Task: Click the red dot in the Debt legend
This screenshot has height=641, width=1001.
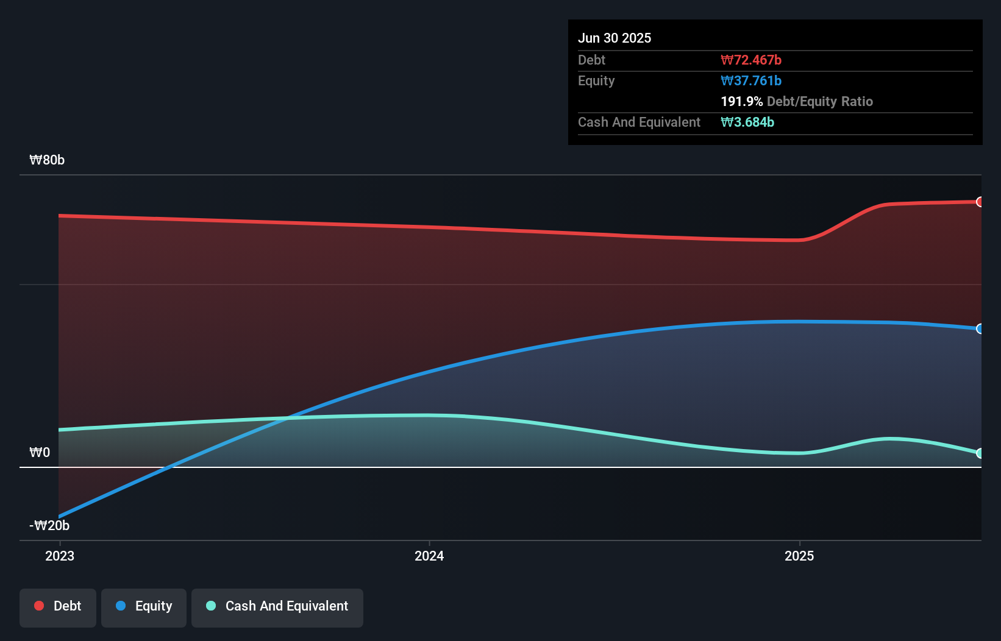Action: (39, 606)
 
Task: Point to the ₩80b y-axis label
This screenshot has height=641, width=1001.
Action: (47, 160)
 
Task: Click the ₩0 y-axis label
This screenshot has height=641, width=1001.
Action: (40, 453)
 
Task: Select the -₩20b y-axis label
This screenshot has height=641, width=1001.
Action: (49, 526)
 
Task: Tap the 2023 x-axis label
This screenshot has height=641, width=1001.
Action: (60, 556)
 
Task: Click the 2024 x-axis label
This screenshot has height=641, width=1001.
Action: (429, 556)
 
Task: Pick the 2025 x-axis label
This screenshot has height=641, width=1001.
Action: (799, 556)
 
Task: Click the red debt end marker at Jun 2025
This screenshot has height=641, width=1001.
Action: (980, 202)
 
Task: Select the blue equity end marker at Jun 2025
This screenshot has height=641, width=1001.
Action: (980, 329)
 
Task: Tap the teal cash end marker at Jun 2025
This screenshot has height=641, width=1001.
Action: (980, 453)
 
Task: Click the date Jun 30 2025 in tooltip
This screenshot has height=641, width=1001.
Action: (614, 38)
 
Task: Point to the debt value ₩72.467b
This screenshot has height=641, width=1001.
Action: (751, 60)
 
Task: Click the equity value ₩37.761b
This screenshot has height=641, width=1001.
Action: (751, 80)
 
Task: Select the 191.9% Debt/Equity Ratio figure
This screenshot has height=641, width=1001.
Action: (797, 101)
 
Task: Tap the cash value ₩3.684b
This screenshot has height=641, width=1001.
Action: (747, 122)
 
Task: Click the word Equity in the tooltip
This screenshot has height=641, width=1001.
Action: (596, 80)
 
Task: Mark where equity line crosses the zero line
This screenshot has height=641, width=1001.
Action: (170, 467)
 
